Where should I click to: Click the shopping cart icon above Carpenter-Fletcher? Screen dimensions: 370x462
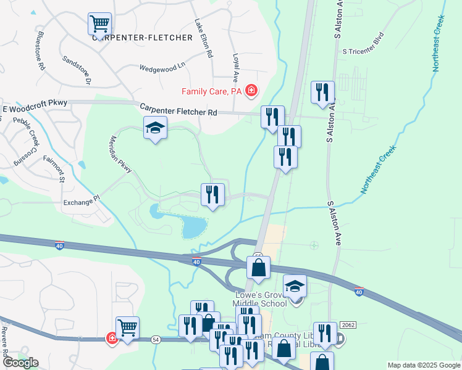[99, 23]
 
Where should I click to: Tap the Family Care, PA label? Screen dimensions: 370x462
[211, 92]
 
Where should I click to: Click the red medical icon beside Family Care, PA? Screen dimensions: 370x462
[251, 92]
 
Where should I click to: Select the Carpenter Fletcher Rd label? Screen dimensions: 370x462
[178, 109]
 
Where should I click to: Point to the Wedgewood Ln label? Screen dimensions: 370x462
[162, 67]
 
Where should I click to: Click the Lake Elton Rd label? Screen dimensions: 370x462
[203, 38]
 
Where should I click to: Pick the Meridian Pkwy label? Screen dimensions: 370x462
[121, 154]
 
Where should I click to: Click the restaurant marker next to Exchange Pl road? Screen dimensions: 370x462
[212, 194]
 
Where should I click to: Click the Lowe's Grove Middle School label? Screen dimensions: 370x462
[259, 298]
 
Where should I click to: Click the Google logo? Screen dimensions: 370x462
[20, 363]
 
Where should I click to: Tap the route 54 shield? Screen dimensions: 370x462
[155, 339]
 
